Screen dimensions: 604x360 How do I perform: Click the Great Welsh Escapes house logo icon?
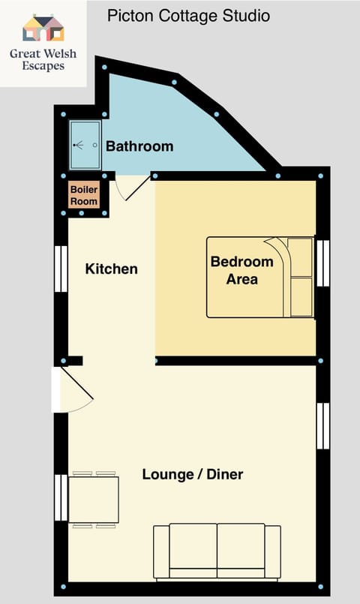point(43,29)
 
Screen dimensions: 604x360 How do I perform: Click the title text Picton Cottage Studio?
point(188,15)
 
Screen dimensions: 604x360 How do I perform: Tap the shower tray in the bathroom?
point(85,146)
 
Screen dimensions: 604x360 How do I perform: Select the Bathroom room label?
point(139,146)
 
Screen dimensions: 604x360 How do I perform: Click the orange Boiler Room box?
point(84,195)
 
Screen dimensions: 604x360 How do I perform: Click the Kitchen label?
point(111,269)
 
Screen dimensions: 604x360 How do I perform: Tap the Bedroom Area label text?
point(241,271)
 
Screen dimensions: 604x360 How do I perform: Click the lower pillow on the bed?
point(301,296)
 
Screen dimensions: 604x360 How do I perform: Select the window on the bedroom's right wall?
point(322,263)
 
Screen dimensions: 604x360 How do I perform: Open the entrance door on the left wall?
point(73,390)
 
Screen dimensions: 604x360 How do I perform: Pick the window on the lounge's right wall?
point(322,425)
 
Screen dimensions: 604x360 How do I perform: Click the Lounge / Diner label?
point(193,474)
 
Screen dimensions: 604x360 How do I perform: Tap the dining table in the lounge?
point(94,499)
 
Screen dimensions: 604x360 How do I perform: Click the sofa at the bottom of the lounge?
point(217,551)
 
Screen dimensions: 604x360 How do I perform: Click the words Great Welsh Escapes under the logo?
point(43,59)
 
